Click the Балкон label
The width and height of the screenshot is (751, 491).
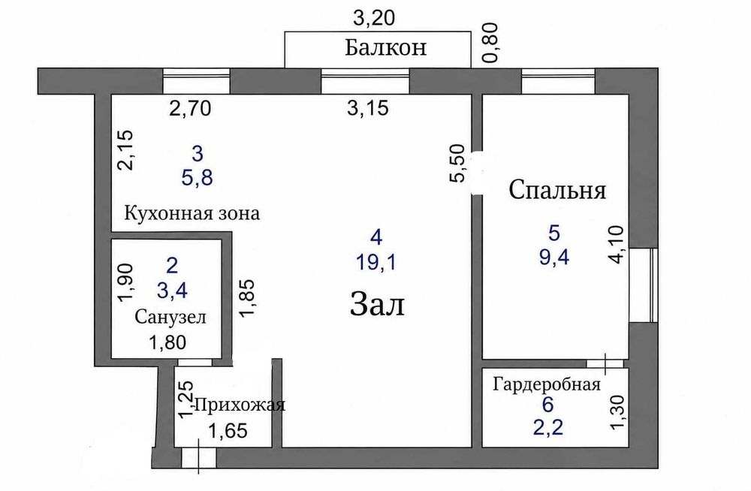[x=385, y=48]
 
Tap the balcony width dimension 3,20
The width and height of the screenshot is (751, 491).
[x=374, y=18]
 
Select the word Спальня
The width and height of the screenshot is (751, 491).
[x=557, y=190]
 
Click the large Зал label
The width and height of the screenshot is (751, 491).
[x=378, y=305]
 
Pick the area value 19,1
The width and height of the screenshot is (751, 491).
[x=376, y=263]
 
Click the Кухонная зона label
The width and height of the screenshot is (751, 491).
[x=192, y=212]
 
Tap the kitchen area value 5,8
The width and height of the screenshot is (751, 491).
[x=197, y=178]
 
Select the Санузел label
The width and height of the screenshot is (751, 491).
[x=170, y=317]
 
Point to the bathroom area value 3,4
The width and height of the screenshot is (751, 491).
[x=171, y=291]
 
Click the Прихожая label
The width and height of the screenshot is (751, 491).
[x=240, y=405]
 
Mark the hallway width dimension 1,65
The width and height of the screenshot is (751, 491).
[x=228, y=431]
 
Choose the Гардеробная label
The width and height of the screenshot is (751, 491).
[x=547, y=384]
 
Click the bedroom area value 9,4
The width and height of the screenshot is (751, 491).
[x=554, y=258]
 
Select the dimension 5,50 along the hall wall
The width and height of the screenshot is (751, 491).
[x=457, y=164]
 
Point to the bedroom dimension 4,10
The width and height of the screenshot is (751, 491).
[x=617, y=244]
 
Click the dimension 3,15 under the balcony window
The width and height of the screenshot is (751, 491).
[x=368, y=108]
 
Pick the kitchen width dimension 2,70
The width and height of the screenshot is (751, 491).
[x=190, y=109]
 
